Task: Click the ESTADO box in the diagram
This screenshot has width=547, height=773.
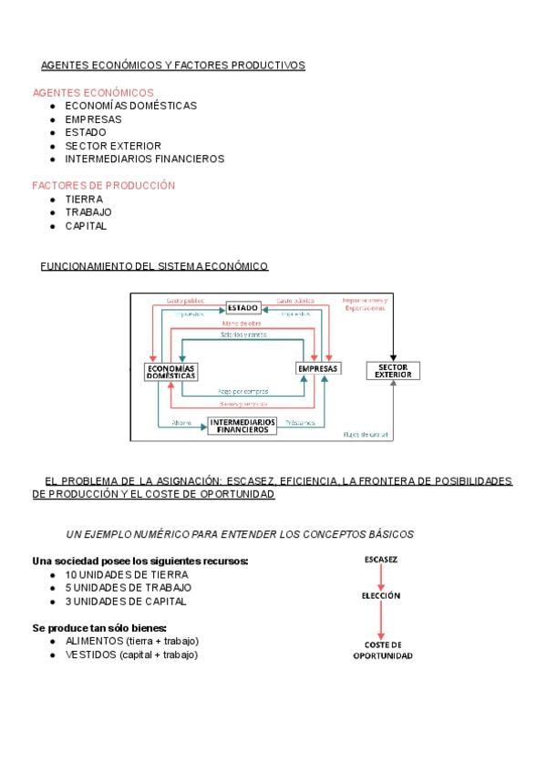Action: (x=243, y=307)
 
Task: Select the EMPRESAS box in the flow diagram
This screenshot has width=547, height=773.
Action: (x=317, y=369)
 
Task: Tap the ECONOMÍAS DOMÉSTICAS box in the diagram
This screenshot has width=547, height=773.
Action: (x=170, y=372)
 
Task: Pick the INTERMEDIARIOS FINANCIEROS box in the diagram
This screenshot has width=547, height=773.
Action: (x=243, y=426)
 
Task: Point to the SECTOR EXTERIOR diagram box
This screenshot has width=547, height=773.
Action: (x=393, y=370)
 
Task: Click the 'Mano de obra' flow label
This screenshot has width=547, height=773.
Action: (x=243, y=324)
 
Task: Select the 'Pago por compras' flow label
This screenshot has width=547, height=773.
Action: (x=243, y=391)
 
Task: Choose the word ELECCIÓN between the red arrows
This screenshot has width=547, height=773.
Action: (x=381, y=595)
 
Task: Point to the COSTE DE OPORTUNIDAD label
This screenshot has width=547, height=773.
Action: (x=382, y=650)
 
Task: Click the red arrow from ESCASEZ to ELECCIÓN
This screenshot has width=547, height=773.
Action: (x=381, y=576)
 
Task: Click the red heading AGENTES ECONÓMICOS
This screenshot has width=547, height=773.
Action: (x=93, y=93)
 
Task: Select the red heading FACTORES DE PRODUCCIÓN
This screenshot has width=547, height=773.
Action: (x=104, y=186)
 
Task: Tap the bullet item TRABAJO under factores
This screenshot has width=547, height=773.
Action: (x=88, y=212)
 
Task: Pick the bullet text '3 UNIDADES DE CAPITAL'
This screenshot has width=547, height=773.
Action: (x=126, y=602)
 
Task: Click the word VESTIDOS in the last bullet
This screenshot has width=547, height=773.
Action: (x=89, y=654)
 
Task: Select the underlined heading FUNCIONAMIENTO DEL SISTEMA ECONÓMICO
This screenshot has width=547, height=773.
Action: (x=155, y=266)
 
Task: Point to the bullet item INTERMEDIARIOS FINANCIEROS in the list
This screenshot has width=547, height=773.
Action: (x=144, y=159)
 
